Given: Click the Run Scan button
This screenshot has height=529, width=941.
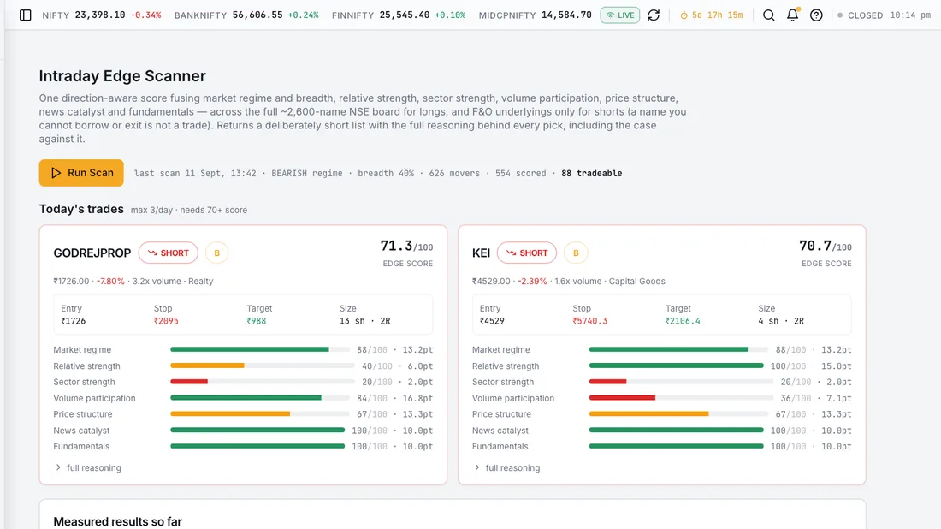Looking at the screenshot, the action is (81, 173).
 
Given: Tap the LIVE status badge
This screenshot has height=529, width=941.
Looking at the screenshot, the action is (620, 15).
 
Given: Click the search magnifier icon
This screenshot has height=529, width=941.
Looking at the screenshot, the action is (768, 15).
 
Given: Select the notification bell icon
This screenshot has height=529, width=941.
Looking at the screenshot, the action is (793, 15).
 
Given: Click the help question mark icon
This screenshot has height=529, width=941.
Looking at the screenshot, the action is (816, 15).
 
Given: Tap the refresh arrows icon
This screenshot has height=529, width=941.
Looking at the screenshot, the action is (654, 15).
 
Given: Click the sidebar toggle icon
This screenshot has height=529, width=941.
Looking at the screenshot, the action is (25, 15).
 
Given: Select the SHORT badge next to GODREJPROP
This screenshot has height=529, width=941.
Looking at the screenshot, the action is (168, 253).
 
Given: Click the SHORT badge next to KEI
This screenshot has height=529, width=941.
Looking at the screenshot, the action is (527, 253).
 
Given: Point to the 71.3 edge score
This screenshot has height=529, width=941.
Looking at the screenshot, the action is (397, 246).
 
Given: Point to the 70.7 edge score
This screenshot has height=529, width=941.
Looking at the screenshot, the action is (815, 246).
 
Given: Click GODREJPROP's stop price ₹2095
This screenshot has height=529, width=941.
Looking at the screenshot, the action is (166, 321).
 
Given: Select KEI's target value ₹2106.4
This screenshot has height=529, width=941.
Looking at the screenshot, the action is (683, 321).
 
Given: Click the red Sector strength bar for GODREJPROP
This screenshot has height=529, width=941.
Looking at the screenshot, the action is (189, 382).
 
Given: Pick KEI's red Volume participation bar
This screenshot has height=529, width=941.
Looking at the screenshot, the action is (622, 398).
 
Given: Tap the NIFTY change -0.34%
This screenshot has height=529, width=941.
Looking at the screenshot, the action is (145, 15).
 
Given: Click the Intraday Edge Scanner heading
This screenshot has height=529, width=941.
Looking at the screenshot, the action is (122, 75).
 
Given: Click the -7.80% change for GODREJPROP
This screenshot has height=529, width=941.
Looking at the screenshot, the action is (110, 281).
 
